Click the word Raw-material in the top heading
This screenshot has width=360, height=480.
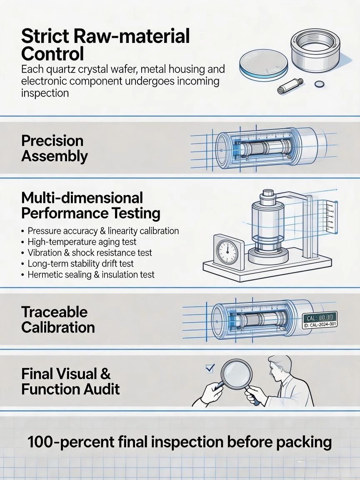point(132,36)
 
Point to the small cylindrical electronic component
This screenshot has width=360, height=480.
point(290,86)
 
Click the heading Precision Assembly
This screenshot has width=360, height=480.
point(55,148)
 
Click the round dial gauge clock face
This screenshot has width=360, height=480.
point(227,252)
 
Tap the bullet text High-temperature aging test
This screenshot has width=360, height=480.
point(82,242)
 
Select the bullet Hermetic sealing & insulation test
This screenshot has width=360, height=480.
point(91,275)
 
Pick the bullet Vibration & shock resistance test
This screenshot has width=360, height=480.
point(90,253)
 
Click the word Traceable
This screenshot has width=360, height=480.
point(55,312)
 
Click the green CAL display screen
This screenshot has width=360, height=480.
point(320,317)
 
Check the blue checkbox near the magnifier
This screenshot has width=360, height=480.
point(210,368)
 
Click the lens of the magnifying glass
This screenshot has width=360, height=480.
point(236,374)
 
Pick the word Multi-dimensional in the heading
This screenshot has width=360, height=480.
point(82,198)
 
